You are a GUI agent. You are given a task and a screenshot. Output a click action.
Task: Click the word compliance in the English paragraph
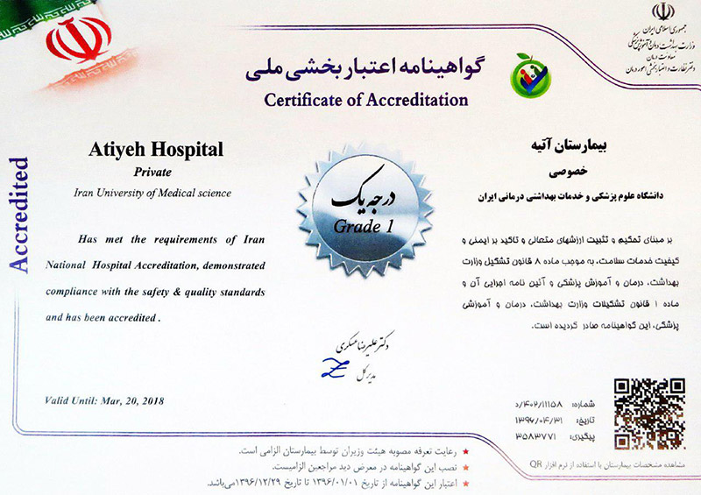click(x=74, y=290)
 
